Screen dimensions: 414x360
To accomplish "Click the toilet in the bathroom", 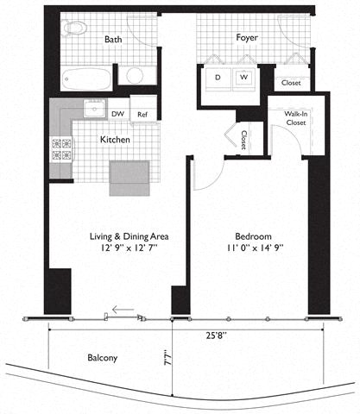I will pos(74,27).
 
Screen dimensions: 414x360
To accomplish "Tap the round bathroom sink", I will pos(135,75).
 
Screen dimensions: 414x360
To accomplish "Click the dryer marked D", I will pos(218,77).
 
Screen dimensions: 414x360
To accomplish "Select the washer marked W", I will pos(243,77).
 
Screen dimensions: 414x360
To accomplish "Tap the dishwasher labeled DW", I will pos(118,113).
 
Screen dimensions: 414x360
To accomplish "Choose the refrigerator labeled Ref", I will pos(142,113).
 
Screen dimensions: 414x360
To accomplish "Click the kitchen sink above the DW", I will pos(92,110).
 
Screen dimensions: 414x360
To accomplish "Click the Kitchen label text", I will pos(116,139).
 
